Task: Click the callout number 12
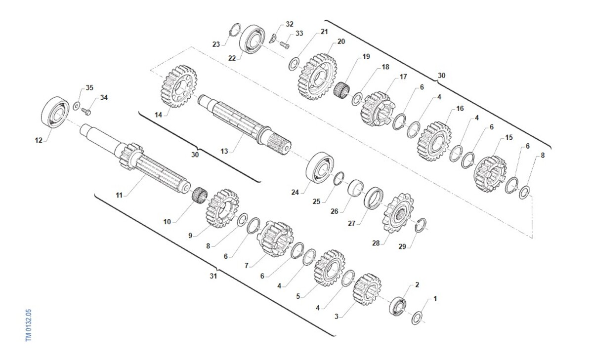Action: [39, 140]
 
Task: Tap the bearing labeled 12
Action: [55, 113]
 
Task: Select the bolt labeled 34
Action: [86, 112]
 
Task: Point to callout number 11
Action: [119, 195]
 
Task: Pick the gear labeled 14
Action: [179, 86]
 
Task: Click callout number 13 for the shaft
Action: [224, 151]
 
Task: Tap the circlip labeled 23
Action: [235, 31]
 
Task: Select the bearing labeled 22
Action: [253, 40]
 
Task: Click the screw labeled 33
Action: [284, 45]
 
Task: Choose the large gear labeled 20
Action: [317, 77]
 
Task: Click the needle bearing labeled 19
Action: [342, 90]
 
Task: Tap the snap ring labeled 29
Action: [421, 225]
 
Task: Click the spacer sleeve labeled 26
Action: [355, 188]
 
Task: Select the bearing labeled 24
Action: [320, 167]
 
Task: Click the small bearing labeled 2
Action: [398, 306]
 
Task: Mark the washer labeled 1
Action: [417, 318]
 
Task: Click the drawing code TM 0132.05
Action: [29, 325]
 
